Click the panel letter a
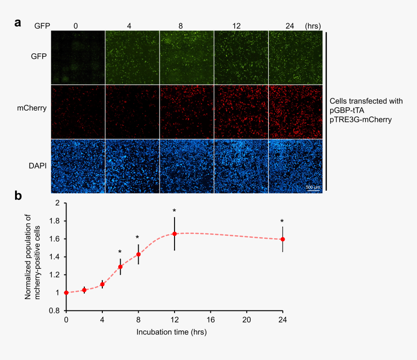pyautogui.click(x=18, y=23)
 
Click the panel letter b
pyautogui.click(x=18, y=196)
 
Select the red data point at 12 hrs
pyautogui.click(x=175, y=234)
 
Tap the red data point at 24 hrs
pyautogui.click(x=283, y=239)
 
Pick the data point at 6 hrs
pyautogui.click(x=120, y=266)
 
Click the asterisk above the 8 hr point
pyautogui.click(x=138, y=238)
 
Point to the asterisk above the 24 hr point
pyautogui.click(x=282, y=222)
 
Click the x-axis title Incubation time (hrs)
pyautogui.click(x=174, y=332)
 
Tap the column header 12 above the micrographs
pyautogui.click(x=241, y=25)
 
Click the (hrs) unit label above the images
pyautogui.click(x=313, y=25)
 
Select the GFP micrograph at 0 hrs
pyautogui.click(x=78, y=57)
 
